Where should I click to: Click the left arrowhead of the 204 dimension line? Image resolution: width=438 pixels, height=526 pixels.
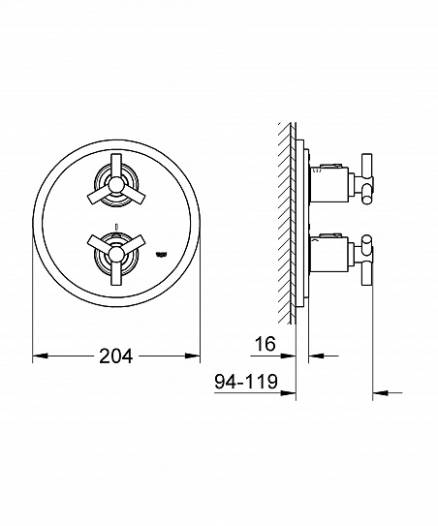(39, 356)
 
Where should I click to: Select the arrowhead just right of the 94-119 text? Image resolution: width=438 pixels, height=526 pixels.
(288, 395)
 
